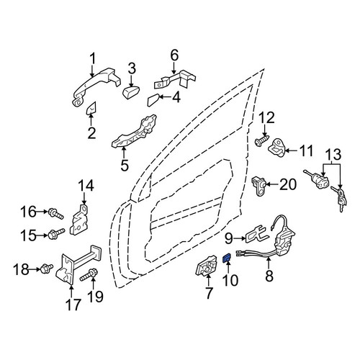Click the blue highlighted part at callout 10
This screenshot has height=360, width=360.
click(227, 258)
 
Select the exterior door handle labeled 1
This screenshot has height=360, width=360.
click(96, 84)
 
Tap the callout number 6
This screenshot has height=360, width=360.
click(174, 55)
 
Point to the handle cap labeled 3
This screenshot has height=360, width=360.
click(131, 92)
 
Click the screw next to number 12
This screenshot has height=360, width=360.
click(262, 140)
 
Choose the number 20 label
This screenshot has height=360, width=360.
click(288, 184)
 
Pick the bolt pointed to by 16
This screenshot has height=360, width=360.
click(56, 213)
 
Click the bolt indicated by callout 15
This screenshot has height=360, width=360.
click(57, 233)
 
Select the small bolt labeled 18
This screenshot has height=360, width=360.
click(47, 268)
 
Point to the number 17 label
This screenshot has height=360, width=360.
click(73, 305)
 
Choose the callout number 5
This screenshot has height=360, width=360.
click(125, 165)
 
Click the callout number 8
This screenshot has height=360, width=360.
click(269, 276)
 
